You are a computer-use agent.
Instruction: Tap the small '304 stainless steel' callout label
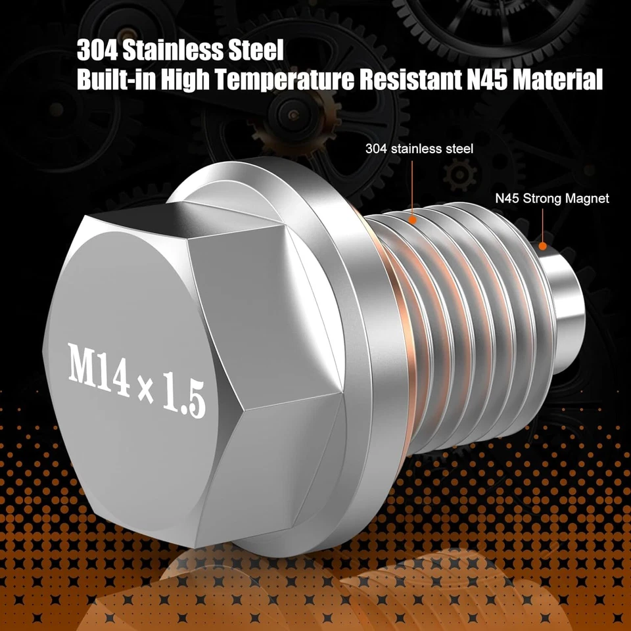click(x=419, y=149)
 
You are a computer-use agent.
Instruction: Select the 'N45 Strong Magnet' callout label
click(x=552, y=198)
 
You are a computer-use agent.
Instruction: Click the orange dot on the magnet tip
click(x=543, y=246)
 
